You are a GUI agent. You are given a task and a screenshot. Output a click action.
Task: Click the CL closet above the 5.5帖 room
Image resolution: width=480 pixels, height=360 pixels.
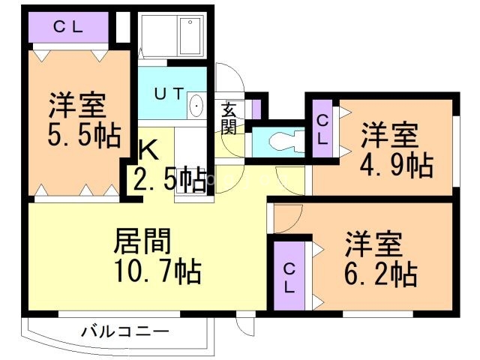coord(67,27)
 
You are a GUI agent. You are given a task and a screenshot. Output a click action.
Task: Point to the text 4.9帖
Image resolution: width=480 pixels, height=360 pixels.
coord(397,165)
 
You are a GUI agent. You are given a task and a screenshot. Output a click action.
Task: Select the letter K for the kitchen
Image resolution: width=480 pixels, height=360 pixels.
coord(148,151)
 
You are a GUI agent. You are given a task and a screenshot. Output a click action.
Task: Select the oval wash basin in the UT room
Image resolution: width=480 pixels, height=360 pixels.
coord(197,106)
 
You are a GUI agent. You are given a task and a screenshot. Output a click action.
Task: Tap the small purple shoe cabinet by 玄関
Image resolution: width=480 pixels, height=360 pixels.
coord(256,109)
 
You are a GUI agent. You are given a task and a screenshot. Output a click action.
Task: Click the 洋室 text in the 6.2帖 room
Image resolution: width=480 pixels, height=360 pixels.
coord(373,244)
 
